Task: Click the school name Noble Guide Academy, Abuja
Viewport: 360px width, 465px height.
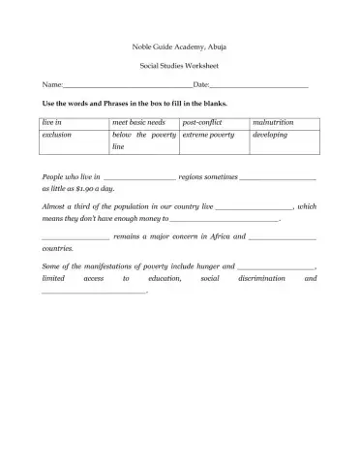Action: pos(179,46)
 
